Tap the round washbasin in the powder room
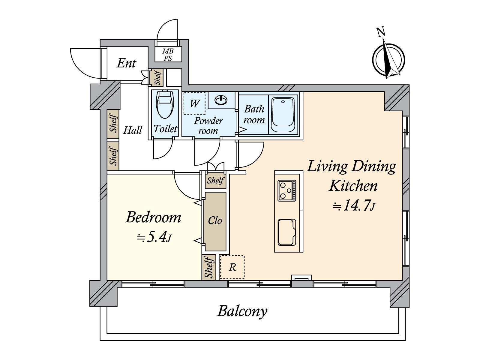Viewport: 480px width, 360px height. tap(221, 100)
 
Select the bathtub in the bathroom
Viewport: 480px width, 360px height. tap(283, 115)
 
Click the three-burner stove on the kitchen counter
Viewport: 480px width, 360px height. tap(287, 190)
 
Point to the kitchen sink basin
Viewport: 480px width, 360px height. tap(287, 232)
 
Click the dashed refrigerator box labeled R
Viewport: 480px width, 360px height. tap(232, 267)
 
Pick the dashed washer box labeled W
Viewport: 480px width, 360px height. tap(194, 103)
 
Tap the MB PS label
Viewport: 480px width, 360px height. tap(168, 55)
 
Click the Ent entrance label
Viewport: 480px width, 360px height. tap(126, 63)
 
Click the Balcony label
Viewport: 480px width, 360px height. tap(242, 311)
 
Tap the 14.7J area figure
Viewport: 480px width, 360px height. tap(354, 206)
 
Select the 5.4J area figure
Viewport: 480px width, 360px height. tap(154, 237)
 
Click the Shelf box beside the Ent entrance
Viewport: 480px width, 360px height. tap(157, 77)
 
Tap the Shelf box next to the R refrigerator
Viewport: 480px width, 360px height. tap(208, 267)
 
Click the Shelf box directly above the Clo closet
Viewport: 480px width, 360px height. tap(215, 181)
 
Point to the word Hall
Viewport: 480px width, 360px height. tap(133, 130)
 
